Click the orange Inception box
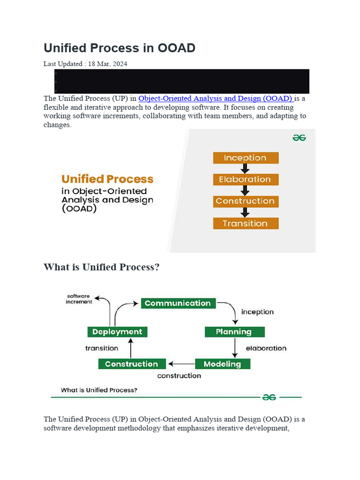[246, 158]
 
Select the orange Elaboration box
[246, 180]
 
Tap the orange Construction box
[246, 202]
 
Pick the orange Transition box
[246, 224]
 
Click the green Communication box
[178, 303]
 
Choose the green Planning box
[234, 332]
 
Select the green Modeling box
[223, 364]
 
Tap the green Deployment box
[117, 332]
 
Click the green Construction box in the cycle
[132, 364]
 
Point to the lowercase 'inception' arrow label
[257, 312]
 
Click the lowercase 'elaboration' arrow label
[266, 348]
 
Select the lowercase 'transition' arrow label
[102, 348]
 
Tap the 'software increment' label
[79, 299]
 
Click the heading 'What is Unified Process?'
[102, 267]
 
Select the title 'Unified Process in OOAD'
[120, 48]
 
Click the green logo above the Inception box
[299, 138]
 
